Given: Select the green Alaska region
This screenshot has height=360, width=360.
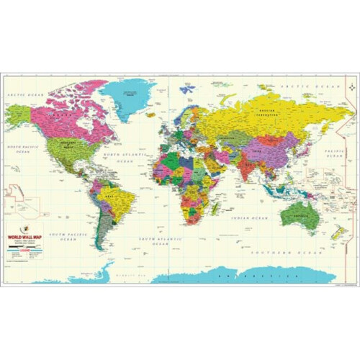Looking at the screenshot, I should [x=18, y=114].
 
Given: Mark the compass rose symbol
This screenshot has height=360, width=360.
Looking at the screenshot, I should [x=187, y=90].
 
